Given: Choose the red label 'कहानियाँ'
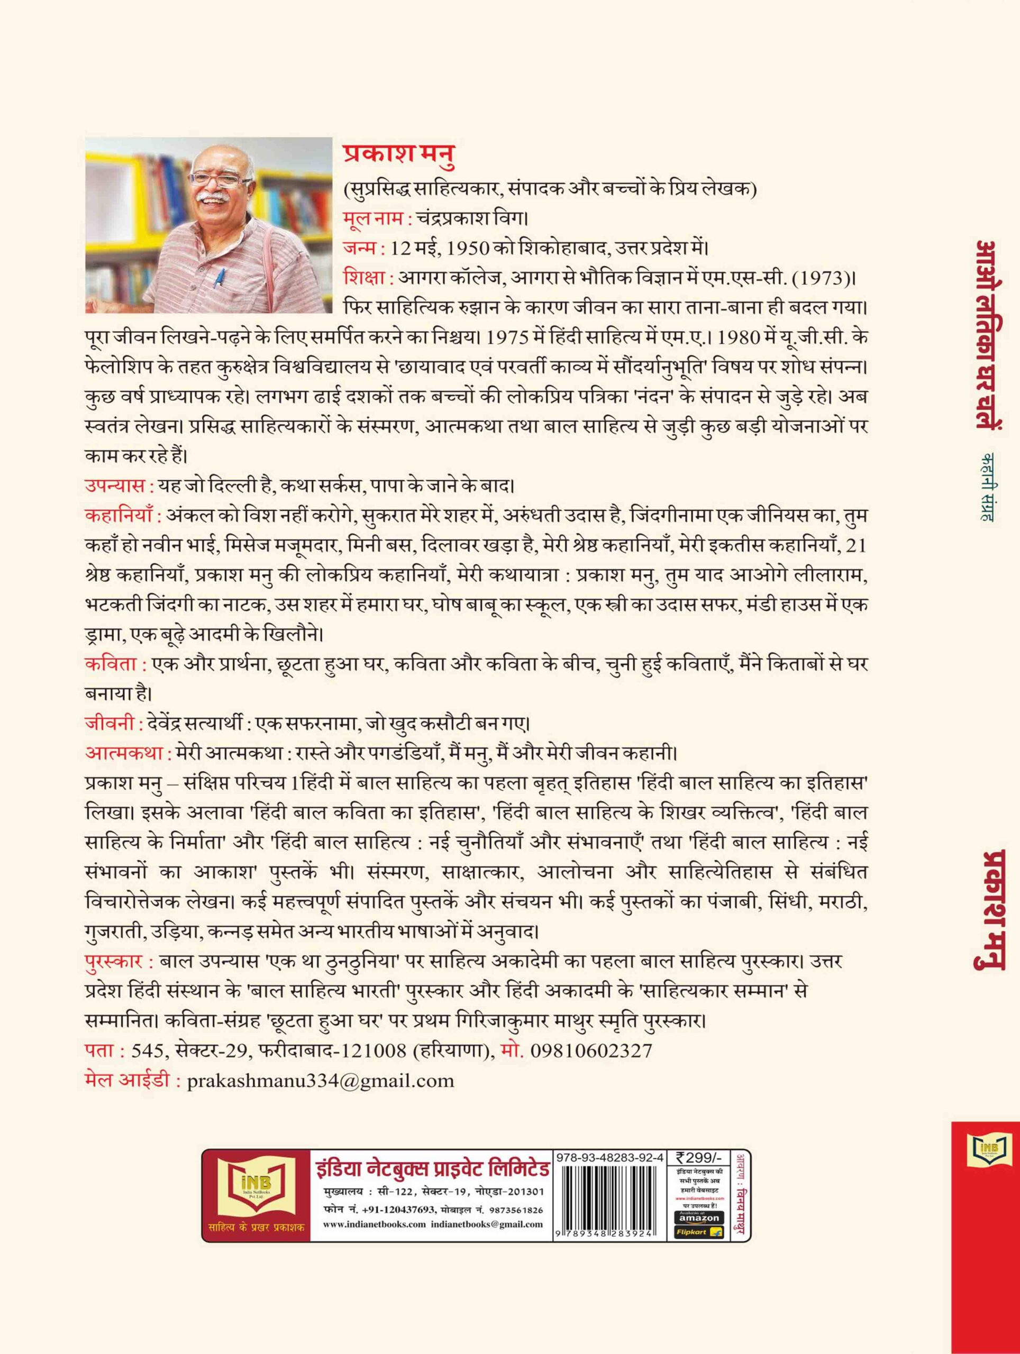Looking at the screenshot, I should tap(120, 515).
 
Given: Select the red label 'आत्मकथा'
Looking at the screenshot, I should tap(124, 751).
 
